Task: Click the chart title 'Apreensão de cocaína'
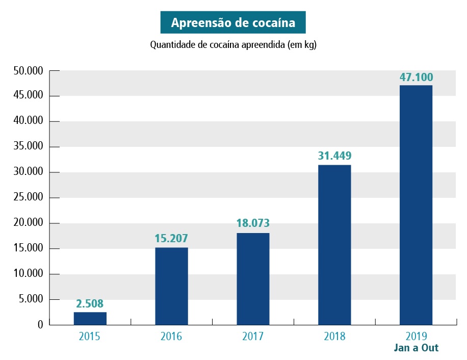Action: (x=233, y=23)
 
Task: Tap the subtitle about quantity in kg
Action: (x=233, y=45)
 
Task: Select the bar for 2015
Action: (x=90, y=319)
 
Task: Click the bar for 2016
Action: (x=171, y=286)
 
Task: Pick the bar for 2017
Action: (x=253, y=279)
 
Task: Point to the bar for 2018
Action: (x=334, y=245)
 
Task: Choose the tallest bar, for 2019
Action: (x=416, y=205)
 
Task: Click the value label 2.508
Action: (x=90, y=304)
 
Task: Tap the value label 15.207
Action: (x=171, y=238)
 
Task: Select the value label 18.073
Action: (x=253, y=223)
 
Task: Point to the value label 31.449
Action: (x=334, y=156)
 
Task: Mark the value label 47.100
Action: (x=416, y=77)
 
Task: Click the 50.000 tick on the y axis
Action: (x=29, y=71)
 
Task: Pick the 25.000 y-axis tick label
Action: (x=29, y=198)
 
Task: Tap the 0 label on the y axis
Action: (x=40, y=325)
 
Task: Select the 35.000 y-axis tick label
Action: (x=29, y=147)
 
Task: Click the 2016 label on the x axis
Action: (x=171, y=337)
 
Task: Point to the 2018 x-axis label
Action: (x=334, y=337)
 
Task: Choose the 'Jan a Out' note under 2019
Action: (x=416, y=349)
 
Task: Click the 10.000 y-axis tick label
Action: (x=29, y=274)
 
